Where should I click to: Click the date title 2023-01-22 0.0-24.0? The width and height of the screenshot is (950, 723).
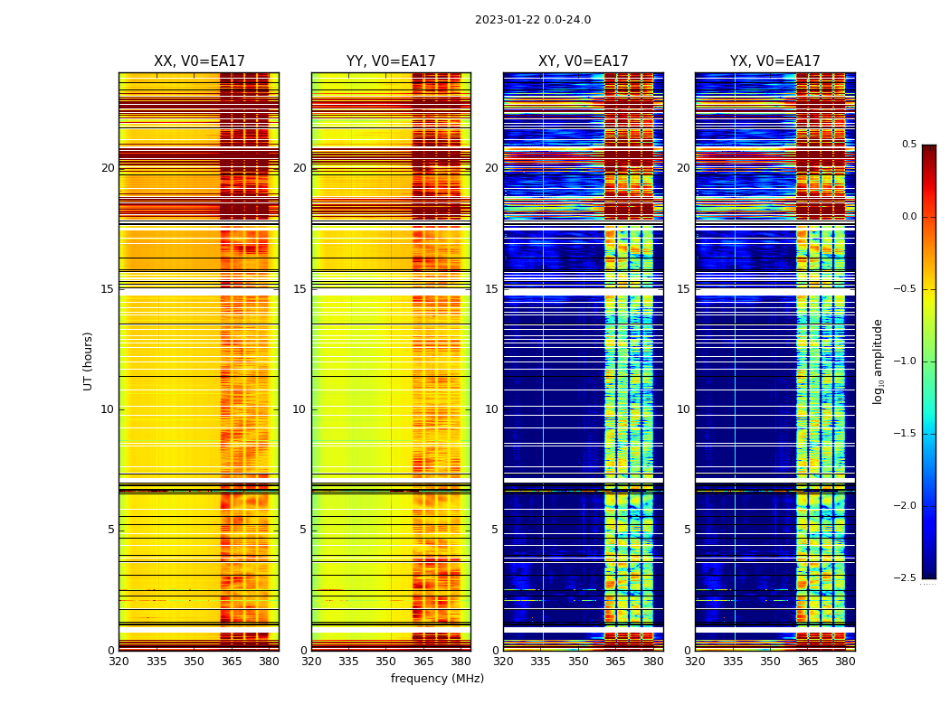click(x=532, y=20)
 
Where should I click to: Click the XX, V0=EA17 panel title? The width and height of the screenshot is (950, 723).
click(x=199, y=61)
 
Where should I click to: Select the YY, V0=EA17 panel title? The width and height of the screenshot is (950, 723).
click(x=391, y=61)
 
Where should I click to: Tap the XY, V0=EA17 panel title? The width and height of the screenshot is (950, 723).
click(x=583, y=61)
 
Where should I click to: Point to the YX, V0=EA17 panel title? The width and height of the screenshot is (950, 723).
click(x=774, y=61)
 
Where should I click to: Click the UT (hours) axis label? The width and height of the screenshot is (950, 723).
click(x=88, y=361)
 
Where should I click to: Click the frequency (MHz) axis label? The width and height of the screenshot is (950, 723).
click(x=437, y=679)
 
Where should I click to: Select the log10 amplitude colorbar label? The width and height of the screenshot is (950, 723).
click(x=878, y=361)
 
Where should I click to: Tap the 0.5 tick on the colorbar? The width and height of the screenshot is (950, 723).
click(x=908, y=145)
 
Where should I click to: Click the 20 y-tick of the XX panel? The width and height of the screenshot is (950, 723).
click(x=108, y=168)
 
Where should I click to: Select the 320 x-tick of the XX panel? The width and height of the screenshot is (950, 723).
click(x=119, y=662)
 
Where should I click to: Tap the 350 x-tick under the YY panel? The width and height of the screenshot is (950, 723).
click(x=386, y=662)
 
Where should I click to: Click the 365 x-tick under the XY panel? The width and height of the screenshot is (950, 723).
click(x=615, y=662)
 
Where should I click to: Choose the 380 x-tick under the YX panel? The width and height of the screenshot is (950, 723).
click(x=845, y=662)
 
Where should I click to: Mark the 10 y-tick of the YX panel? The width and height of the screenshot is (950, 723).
click(x=684, y=409)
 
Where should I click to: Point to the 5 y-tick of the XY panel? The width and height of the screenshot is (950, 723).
click(x=495, y=530)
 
